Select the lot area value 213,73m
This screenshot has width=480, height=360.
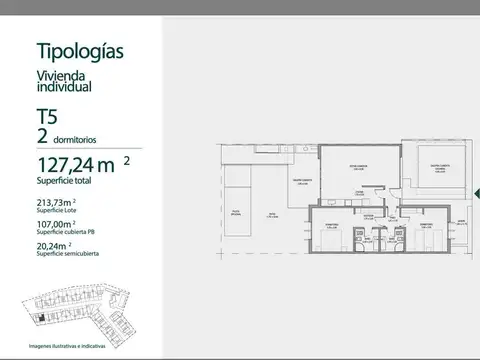pos(59,203)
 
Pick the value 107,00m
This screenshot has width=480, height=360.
pos(61,226)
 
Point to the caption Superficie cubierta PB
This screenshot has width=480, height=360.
pos(63,235)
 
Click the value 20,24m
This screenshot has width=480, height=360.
pos(58,249)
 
